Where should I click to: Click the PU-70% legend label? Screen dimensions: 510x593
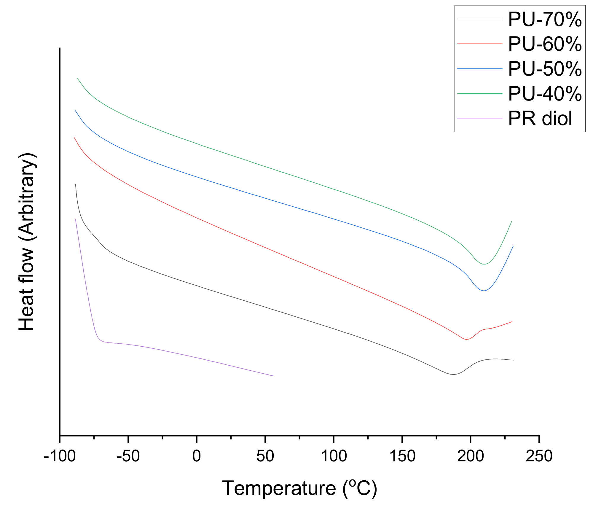(x=545, y=20)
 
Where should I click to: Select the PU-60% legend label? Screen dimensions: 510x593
(x=545, y=44)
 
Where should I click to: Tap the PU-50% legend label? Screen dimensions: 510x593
(x=545, y=69)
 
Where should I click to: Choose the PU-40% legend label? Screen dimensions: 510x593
(x=545, y=94)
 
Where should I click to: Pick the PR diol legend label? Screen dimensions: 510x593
(x=540, y=118)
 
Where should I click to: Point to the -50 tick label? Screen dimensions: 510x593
(x=128, y=456)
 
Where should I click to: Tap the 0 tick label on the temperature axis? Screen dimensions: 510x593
(x=197, y=456)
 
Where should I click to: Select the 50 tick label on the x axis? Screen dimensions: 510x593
(x=265, y=456)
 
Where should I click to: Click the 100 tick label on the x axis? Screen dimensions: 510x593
(x=334, y=456)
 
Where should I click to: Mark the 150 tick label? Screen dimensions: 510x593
(x=402, y=456)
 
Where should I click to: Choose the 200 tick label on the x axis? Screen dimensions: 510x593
(x=471, y=456)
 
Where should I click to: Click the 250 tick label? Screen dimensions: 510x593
(x=539, y=456)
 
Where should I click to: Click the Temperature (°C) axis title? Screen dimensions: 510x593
(x=299, y=488)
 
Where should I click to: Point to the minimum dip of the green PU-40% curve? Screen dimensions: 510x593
(x=484, y=264)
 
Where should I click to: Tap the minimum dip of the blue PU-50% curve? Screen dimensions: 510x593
(x=484, y=291)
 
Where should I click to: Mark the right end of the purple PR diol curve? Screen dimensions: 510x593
(x=273, y=376)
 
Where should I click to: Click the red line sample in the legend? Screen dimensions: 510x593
(x=480, y=44)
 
